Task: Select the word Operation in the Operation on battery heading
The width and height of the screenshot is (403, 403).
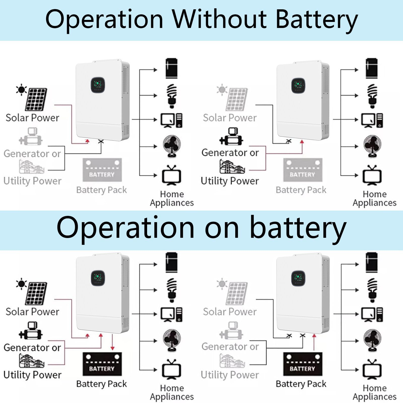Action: pyautogui.click(x=126, y=227)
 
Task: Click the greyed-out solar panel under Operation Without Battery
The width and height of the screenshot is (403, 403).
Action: pyautogui.click(x=236, y=99)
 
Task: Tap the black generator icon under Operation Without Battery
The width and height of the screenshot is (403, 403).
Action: pyautogui.click(x=231, y=136)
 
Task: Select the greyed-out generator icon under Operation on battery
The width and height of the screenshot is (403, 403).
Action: pyautogui.click(x=231, y=330)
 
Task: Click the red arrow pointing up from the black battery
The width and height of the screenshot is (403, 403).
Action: pyautogui.click(x=314, y=342)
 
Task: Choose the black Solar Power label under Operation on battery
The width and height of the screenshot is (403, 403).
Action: pyautogui.click(x=32, y=312)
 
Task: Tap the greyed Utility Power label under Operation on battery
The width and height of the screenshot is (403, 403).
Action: pyautogui.click(x=230, y=375)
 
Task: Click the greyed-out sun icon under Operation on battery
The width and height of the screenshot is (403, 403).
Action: pyautogui.click(x=222, y=284)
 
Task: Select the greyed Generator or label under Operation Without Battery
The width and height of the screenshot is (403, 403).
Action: pyautogui.click(x=32, y=153)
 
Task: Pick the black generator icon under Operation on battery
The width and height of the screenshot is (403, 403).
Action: pyautogui.click(x=31, y=330)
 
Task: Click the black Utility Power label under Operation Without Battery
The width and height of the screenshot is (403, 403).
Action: pyautogui.click(x=230, y=181)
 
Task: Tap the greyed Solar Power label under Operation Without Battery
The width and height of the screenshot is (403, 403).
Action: pyautogui.click(x=230, y=118)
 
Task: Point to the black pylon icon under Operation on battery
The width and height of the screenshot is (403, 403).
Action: pyautogui.click(x=31, y=360)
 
